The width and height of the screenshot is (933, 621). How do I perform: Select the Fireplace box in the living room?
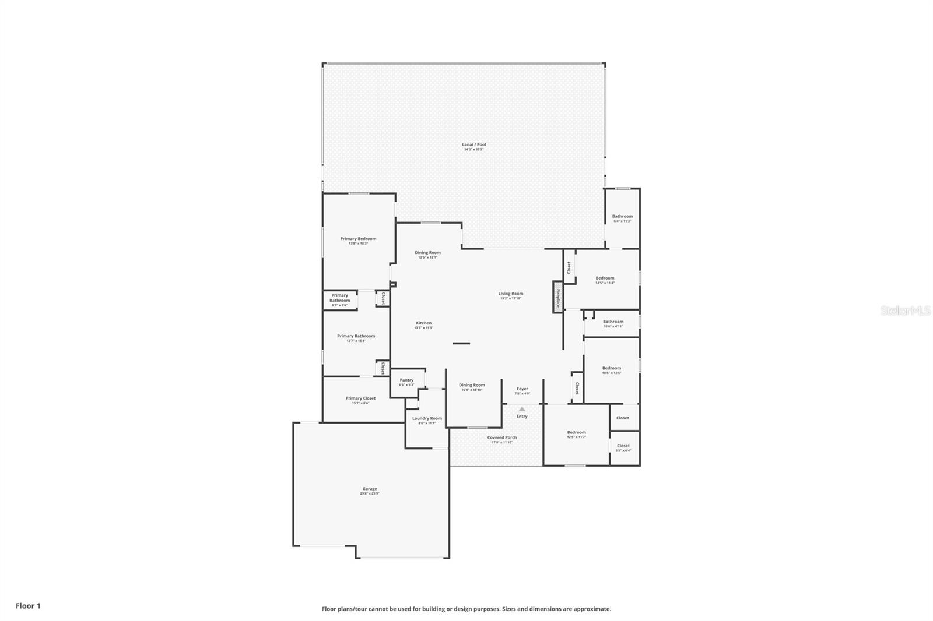pyautogui.click(x=558, y=298)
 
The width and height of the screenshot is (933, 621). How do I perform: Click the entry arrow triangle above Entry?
pyautogui.click(x=522, y=409)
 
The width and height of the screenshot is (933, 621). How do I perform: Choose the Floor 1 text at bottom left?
pyautogui.click(x=28, y=606)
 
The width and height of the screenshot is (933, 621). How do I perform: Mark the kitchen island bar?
pyautogui.click(x=461, y=343)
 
